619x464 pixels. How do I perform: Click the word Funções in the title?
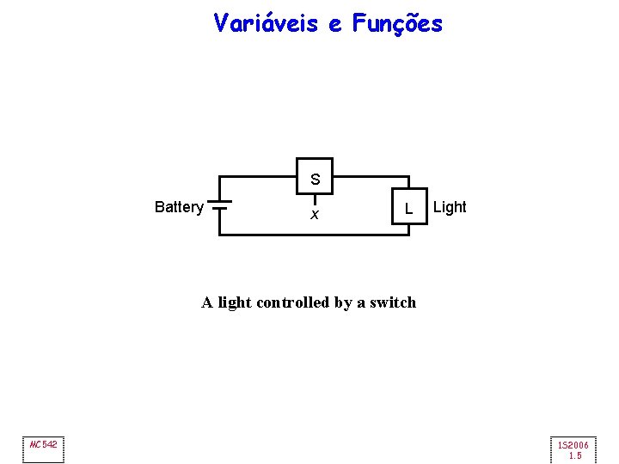pyautogui.click(x=397, y=24)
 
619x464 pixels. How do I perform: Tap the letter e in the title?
pyautogui.click(x=334, y=25)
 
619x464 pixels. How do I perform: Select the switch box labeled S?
pyautogui.click(x=315, y=177)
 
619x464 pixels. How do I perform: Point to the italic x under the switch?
pyautogui.click(x=315, y=215)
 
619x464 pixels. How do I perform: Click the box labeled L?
pyautogui.click(x=409, y=206)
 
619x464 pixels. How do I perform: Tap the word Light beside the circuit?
pyautogui.click(x=450, y=207)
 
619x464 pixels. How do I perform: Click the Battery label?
pyautogui.click(x=179, y=207)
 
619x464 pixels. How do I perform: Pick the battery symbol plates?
pyautogui.click(x=220, y=205)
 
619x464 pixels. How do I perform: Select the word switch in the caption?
pyautogui.click(x=393, y=302)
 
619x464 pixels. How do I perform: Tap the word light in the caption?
pyautogui.click(x=235, y=302)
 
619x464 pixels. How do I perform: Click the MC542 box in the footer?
pyautogui.click(x=43, y=445)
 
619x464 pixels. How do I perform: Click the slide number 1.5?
pyautogui.click(x=574, y=455)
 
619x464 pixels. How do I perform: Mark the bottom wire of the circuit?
pyautogui.click(x=318, y=234)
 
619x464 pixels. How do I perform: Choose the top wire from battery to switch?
pyautogui.click(x=258, y=177)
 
